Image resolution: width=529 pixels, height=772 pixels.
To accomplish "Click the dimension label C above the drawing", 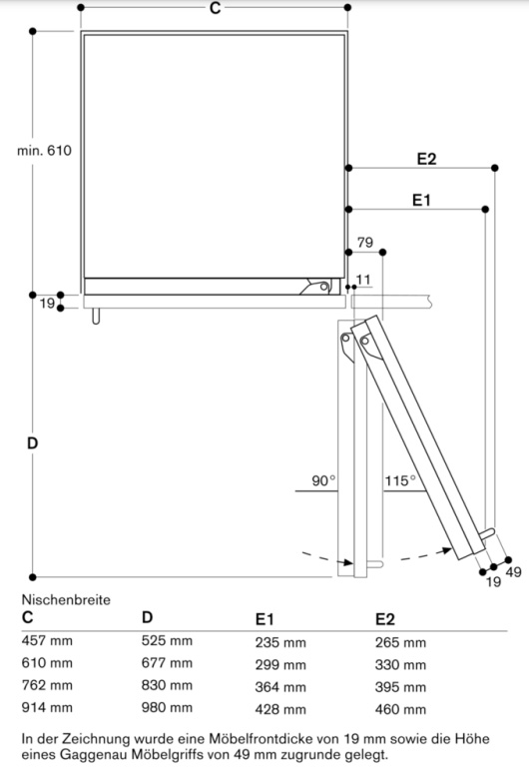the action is (215, 8).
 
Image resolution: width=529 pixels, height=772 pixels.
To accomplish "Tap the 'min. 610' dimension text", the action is (44, 150).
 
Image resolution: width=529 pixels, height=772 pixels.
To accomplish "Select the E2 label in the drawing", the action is (426, 159).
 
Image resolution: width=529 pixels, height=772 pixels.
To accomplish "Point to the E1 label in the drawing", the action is (421, 200).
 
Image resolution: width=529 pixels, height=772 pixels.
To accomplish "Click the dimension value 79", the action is (365, 243).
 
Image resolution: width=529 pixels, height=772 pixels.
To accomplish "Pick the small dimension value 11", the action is (363, 280).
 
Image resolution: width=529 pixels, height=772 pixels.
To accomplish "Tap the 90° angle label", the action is (323, 480).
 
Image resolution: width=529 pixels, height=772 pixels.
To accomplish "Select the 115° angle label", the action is (400, 480).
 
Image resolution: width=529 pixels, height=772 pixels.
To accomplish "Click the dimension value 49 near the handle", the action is (514, 572).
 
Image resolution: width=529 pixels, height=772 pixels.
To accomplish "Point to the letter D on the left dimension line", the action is (33, 443).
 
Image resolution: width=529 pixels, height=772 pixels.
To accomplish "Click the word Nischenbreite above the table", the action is (66, 599).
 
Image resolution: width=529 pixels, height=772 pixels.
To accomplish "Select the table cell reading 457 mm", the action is (47, 640).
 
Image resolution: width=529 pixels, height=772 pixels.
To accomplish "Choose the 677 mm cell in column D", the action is (167, 663).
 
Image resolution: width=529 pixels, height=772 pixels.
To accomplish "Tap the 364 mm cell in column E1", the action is (280, 687).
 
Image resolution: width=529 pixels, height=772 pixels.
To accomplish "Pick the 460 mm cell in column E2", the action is (400, 709).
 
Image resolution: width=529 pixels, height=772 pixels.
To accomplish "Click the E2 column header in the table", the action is (385, 619).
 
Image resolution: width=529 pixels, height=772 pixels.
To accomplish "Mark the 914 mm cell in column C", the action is (47, 707).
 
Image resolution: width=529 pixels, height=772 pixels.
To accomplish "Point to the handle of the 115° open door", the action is (487, 535).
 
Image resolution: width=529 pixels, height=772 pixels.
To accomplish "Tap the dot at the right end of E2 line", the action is (494, 168).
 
